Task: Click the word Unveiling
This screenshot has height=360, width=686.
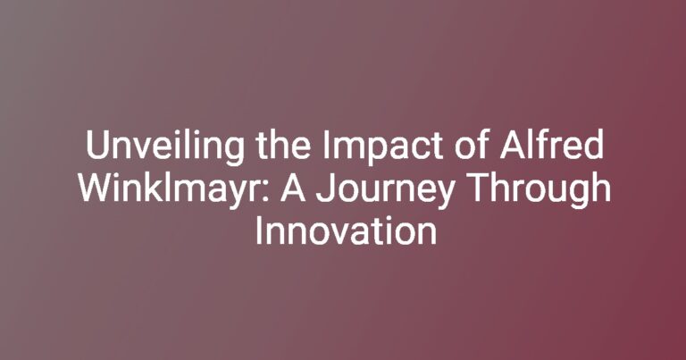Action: point(165,147)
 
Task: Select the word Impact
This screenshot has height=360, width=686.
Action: point(383,147)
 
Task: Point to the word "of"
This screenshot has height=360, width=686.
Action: point(472,145)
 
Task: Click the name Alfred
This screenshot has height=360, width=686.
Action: point(552,145)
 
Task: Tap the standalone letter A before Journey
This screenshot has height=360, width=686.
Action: point(293,188)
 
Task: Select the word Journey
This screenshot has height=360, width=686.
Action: point(385,190)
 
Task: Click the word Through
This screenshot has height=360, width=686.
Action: point(539,189)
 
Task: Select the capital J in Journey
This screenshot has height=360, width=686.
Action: point(325,188)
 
